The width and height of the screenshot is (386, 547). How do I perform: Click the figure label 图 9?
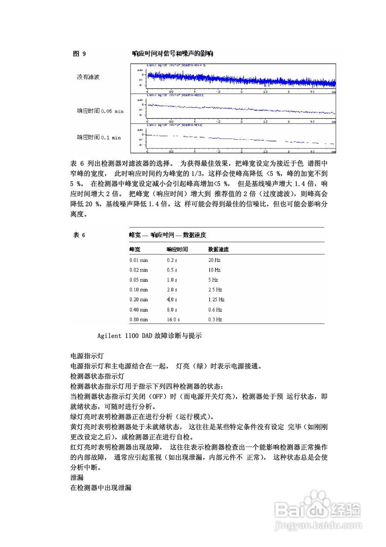pos(79,54)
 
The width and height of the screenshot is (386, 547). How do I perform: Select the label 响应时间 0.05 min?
pos(100,111)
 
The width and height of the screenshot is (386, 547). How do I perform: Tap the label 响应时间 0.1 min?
pos(99,138)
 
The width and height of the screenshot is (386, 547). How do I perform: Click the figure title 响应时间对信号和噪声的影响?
pos(173,54)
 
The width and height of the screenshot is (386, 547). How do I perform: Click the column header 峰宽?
pos(135,249)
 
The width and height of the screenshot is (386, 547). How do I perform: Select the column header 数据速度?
pos(219,249)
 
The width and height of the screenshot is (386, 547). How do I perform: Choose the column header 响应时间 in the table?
pos(177,249)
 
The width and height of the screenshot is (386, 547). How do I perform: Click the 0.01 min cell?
pos(139,260)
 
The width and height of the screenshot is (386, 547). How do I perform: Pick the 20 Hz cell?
pos(214,260)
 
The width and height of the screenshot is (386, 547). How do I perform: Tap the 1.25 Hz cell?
pos(216,300)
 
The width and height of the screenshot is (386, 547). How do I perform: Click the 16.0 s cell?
pos(173,320)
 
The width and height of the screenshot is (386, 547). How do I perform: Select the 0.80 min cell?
pos(139,320)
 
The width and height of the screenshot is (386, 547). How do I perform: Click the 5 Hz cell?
pos(213,280)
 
